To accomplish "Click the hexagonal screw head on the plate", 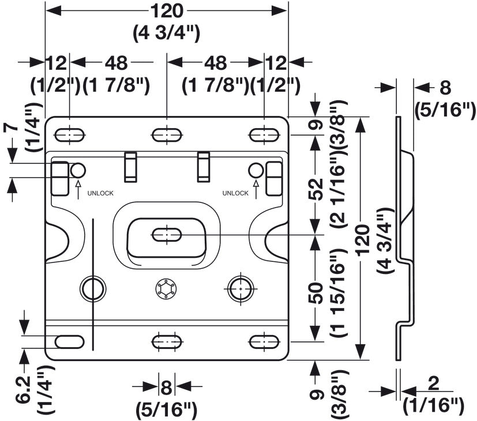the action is coord(166,289).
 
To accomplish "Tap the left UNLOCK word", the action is coord(100,193).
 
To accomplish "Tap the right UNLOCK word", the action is coord(235,193).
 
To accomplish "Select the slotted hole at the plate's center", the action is coord(167,235).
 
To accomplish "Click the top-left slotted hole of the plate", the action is coord(70,135).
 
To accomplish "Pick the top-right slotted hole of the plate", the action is coord(264,135).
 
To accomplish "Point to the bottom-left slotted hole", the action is coord(69,342).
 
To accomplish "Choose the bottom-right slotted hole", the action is coord(264,342).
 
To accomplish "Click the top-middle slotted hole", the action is coord(167,135).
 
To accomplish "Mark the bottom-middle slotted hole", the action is coord(167,342).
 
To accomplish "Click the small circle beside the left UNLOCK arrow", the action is coord(78,170).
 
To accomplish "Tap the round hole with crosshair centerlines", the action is coord(241,288).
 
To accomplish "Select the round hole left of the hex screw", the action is coord(93,288).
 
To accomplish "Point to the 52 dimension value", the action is coord(316,189).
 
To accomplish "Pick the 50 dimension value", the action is coord(316,292).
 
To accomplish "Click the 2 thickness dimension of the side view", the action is coord(433,384).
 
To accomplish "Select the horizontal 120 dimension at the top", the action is coord(167,11).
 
